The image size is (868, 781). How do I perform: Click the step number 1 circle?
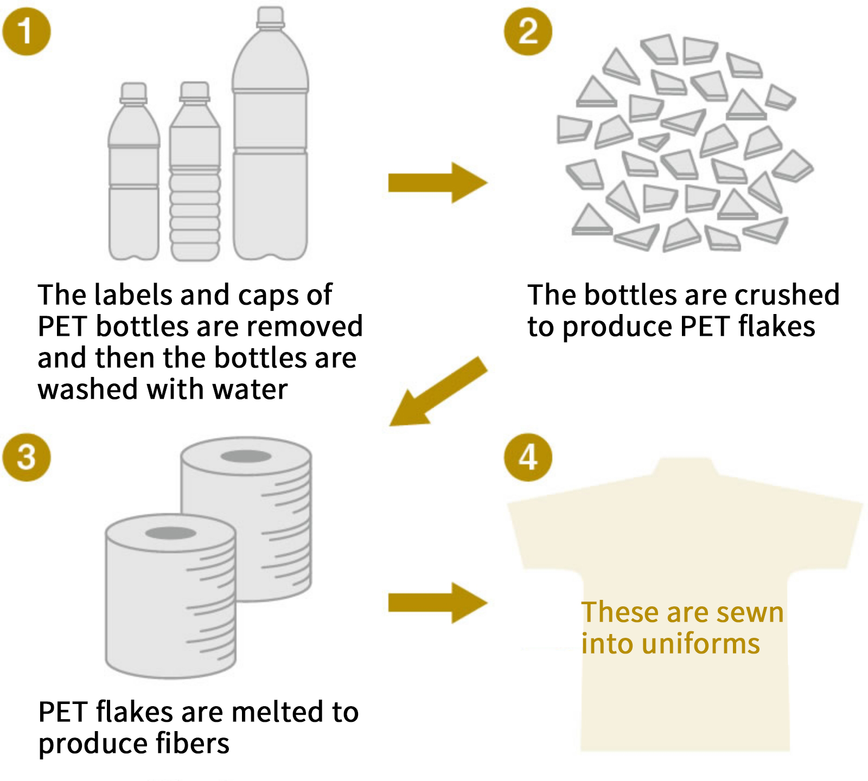[x=26, y=31]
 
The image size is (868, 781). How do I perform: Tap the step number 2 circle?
[x=528, y=31]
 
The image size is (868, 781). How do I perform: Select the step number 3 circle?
[x=26, y=457]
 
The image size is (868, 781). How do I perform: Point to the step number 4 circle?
[x=528, y=457]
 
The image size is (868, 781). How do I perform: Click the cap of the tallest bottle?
[x=270, y=17]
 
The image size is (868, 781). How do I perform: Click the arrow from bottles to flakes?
[x=437, y=183]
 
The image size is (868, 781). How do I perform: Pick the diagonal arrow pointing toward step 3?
[x=438, y=392]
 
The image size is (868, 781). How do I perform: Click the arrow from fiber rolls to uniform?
[x=437, y=603]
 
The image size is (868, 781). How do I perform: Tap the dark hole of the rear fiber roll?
[x=246, y=457]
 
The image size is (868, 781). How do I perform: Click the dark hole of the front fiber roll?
[x=170, y=533]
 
